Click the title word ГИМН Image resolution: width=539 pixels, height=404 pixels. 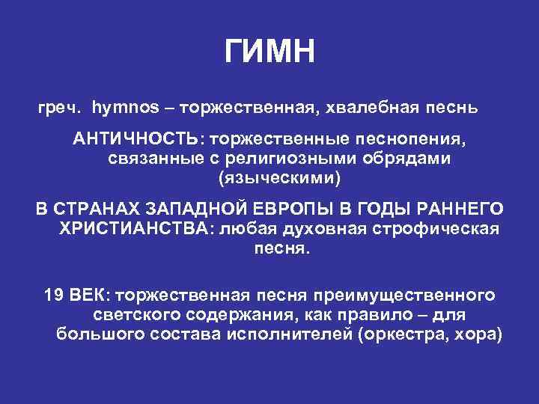pos(270,52)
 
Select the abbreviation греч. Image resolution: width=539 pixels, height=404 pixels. pos(58,108)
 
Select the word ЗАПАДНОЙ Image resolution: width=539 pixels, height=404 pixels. pos(213,209)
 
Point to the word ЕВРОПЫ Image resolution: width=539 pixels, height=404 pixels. pos(311,209)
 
